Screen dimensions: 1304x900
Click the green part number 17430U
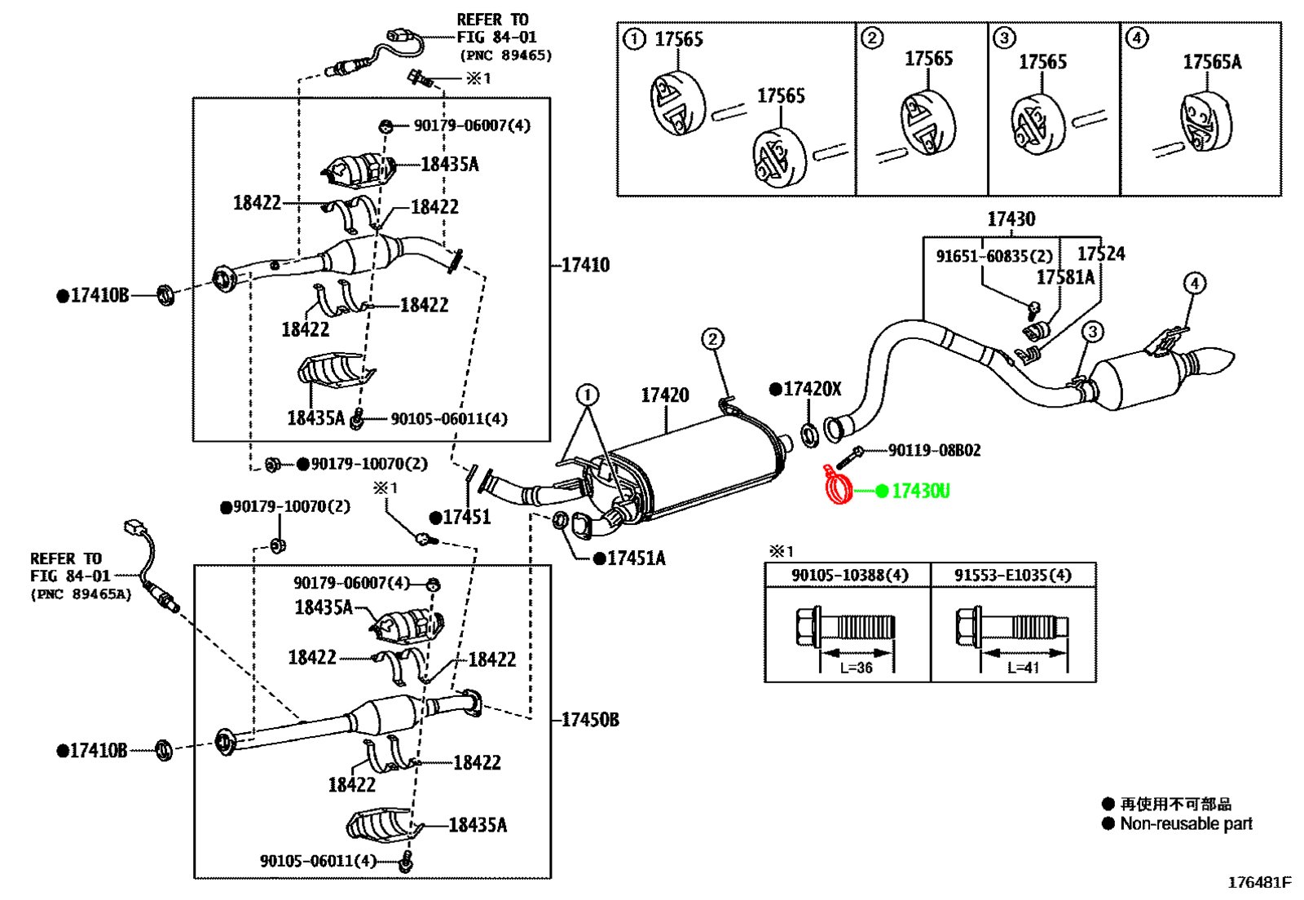click(x=920, y=492)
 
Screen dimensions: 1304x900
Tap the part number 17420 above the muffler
click(x=665, y=395)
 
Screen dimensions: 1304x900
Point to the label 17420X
click(x=812, y=389)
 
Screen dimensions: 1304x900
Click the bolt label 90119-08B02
click(x=934, y=450)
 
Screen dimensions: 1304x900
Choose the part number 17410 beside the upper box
click(x=585, y=266)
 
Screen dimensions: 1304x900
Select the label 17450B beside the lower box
click(x=590, y=720)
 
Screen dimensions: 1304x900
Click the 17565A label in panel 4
click(x=1212, y=62)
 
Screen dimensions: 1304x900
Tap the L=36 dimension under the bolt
click(x=856, y=668)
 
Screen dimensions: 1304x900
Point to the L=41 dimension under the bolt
click(x=1023, y=668)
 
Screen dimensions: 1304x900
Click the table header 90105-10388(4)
click(x=849, y=576)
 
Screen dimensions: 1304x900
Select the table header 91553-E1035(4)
click(x=1012, y=576)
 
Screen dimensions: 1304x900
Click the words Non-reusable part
click(x=1186, y=823)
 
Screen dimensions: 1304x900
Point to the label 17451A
click(x=637, y=559)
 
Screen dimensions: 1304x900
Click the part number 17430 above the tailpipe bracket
click(x=1011, y=219)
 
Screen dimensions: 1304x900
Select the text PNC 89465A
click(x=81, y=594)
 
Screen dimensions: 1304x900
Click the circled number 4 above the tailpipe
click(x=1195, y=284)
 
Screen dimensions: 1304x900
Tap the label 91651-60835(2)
click(x=994, y=256)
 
